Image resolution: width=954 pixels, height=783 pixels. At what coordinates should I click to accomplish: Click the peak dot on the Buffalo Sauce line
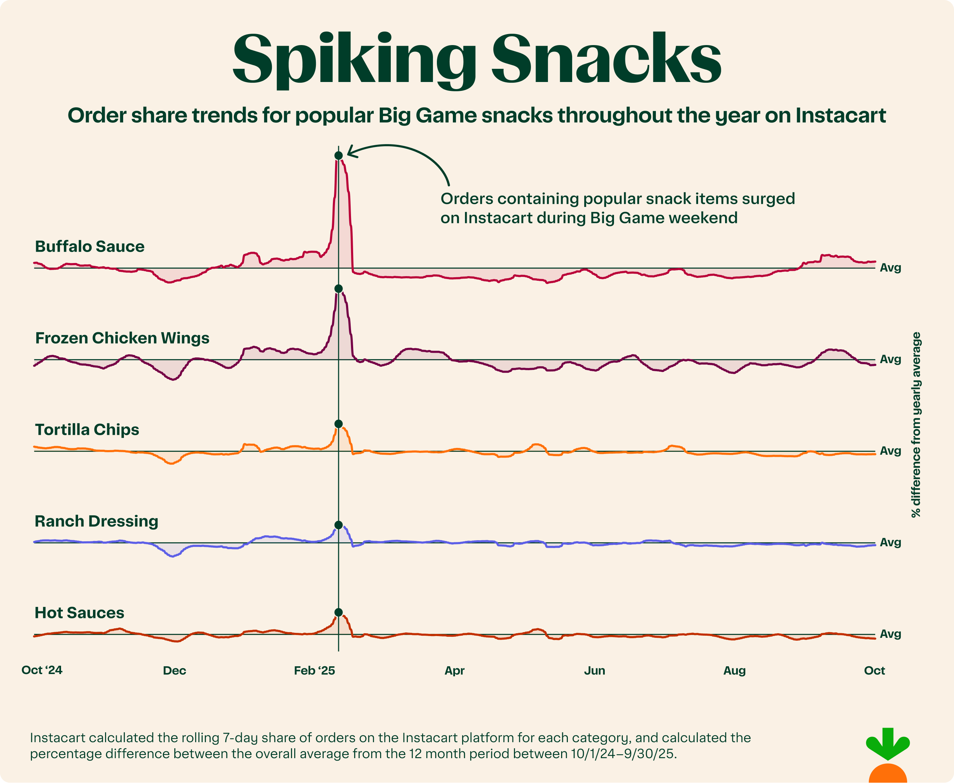click(x=338, y=155)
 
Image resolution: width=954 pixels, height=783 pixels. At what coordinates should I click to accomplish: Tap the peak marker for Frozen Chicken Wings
click(x=338, y=289)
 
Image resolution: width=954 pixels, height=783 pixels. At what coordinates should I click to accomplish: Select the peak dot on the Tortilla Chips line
click(x=338, y=423)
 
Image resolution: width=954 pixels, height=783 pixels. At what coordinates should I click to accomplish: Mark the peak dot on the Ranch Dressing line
click(x=338, y=525)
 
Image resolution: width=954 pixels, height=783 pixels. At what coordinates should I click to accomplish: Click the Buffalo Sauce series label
click(x=90, y=246)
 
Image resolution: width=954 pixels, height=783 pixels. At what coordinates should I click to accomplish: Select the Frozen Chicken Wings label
click(x=122, y=338)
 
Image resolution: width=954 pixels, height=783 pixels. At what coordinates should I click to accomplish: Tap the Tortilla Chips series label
click(x=87, y=429)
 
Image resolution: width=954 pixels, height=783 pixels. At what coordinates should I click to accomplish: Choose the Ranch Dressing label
click(x=97, y=521)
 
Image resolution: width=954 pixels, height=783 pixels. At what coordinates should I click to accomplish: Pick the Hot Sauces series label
click(x=79, y=613)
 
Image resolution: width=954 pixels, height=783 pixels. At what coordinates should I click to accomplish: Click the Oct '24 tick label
click(x=42, y=670)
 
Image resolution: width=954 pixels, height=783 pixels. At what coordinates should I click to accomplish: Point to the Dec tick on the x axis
click(x=175, y=671)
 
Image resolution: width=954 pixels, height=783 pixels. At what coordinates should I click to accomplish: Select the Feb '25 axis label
click(x=314, y=671)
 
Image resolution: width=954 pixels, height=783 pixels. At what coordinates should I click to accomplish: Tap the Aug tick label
click(x=734, y=671)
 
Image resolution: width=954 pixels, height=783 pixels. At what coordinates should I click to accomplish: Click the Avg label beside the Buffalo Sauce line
click(x=890, y=268)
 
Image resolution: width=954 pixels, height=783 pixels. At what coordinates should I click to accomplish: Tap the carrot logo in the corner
click(x=888, y=758)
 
